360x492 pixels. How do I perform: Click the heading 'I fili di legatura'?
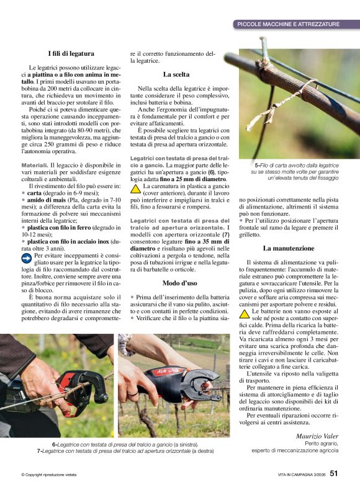coord(71,53)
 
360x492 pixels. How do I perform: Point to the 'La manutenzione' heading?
coord(289,248)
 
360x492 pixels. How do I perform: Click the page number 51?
coord(334,473)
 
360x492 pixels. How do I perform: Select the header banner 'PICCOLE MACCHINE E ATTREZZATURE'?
coord(289,24)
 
